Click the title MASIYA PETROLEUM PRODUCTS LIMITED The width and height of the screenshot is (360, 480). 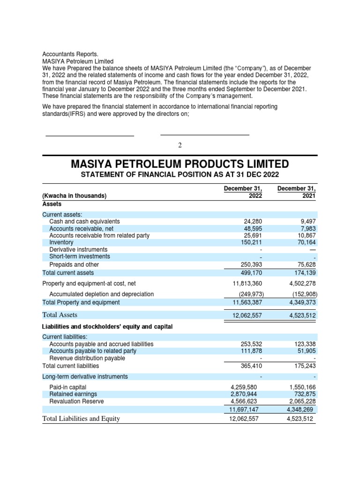click(180, 164)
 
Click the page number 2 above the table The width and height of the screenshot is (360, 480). click(180, 145)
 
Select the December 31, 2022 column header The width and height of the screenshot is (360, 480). click(242, 192)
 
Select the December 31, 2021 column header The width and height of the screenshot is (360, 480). click(297, 192)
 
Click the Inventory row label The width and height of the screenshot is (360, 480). click(61, 242)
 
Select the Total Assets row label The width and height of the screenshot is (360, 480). click(60, 315)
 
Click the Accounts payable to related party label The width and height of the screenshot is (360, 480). click(93, 351)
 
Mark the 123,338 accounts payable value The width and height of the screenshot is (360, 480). click(304, 344)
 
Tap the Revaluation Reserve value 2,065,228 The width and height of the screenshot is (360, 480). click(301, 401)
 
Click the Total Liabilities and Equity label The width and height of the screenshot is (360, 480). click(81, 419)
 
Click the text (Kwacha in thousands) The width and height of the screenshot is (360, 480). click(75, 196)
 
